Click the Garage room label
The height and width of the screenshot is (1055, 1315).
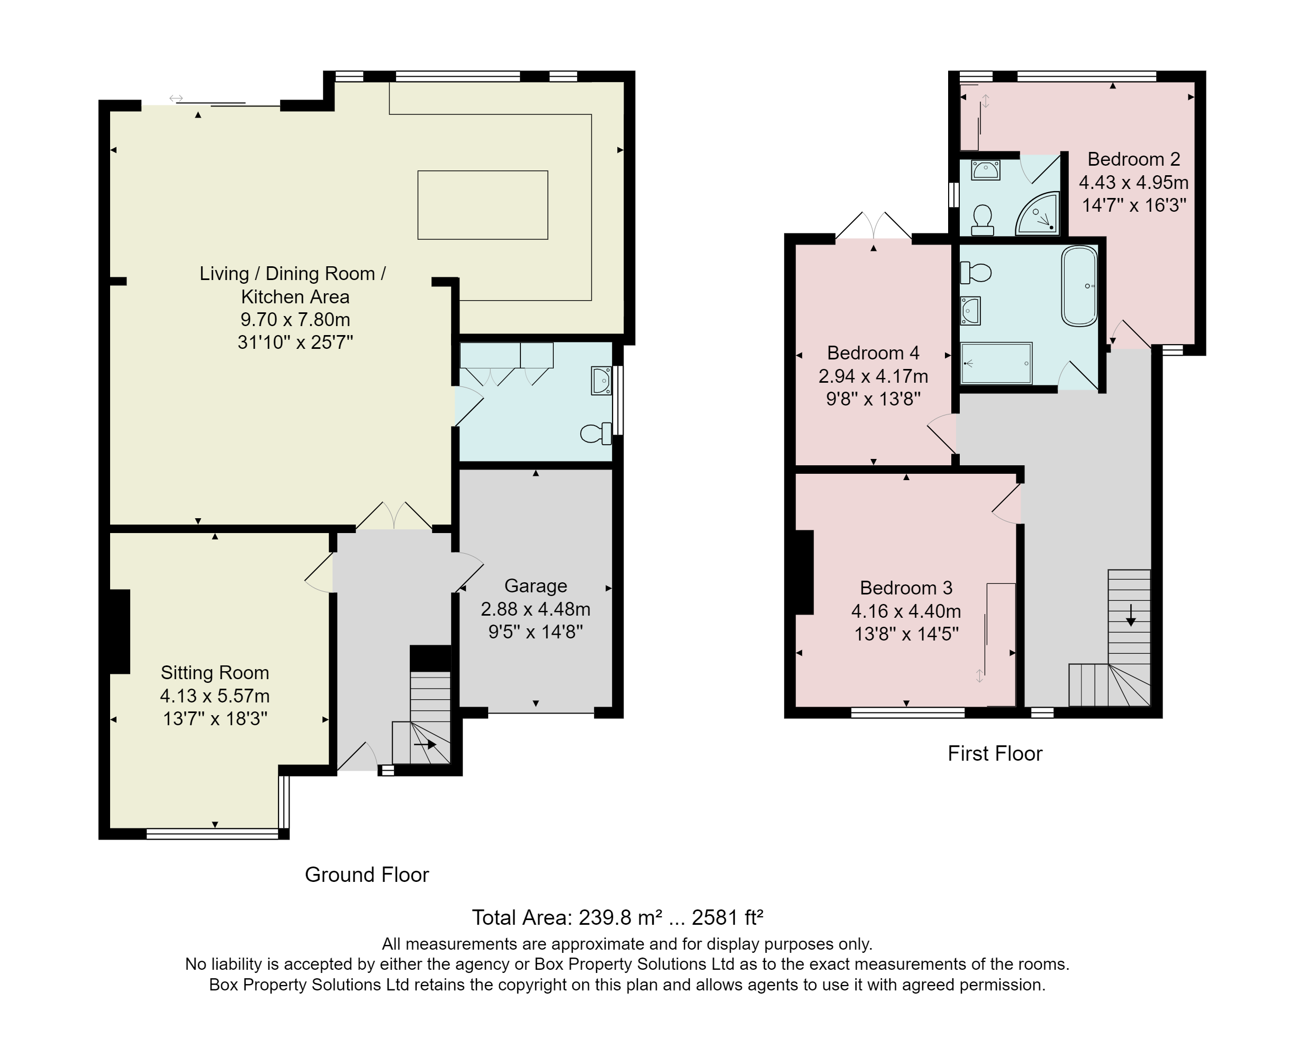[x=536, y=585]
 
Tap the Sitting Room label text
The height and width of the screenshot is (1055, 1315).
[x=215, y=672]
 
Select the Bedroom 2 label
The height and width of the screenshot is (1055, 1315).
[x=1134, y=159]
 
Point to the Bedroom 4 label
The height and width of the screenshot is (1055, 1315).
[x=873, y=353]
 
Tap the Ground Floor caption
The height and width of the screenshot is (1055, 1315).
[x=366, y=874]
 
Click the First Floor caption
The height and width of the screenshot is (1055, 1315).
[x=995, y=753]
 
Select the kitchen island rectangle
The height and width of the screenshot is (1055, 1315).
[x=482, y=205]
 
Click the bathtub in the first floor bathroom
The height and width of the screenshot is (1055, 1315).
[x=1079, y=286]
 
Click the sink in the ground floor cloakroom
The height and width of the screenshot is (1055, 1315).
[x=601, y=381]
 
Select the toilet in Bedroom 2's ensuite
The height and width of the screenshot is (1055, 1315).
[x=982, y=220]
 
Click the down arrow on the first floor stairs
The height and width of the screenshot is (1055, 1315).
[x=1131, y=615]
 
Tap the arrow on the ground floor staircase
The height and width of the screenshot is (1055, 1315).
[x=425, y=745]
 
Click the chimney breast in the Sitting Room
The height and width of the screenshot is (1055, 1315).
[x=120, y=631]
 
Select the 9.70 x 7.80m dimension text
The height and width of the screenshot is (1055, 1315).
[x=295, y=319]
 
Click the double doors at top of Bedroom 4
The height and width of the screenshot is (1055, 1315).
[x=873, y=225]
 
